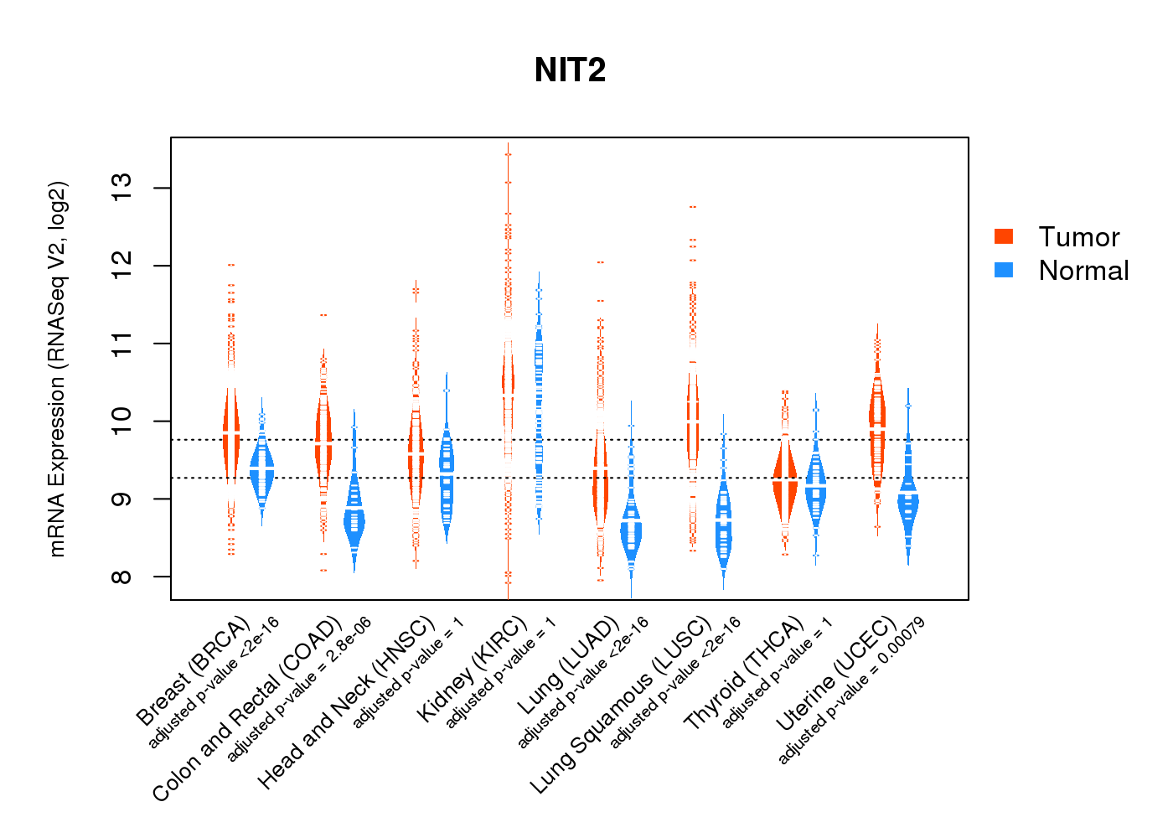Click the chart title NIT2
[x=570, y=70]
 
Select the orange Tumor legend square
[x=1004, y=236]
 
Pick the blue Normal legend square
[x=1004, y=270]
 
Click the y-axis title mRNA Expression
[x=57, y=369]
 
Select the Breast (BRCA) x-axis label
[x=194, y=670]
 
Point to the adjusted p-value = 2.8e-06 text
[x=299, y=689]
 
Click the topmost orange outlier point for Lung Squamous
[x=693, y=206]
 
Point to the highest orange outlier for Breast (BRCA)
[x=231, y=265]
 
